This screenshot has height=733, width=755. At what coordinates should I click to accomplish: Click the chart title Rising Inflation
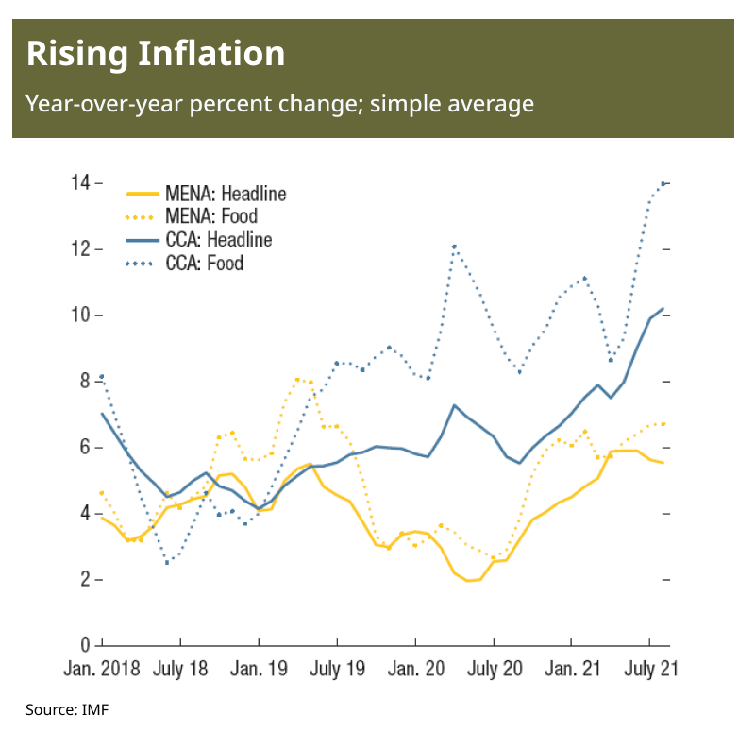(x=156, y=54)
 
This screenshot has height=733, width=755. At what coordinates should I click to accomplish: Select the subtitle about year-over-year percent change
(x=279, y=103)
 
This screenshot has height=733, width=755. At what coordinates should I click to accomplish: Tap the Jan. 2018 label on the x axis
(x=102, y=669)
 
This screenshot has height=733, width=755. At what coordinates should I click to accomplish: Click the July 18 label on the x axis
(x=180, y=669)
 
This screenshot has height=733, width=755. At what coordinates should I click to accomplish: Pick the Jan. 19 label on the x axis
(x=259, y=669)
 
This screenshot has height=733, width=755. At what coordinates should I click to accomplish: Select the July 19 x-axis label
(x=337, y=669)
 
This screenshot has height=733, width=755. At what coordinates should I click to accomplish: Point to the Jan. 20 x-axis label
(x=415, y=669)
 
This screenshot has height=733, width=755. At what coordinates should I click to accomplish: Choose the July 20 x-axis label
(x=494, y=669)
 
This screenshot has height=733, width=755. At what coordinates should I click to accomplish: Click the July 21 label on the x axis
(x=650, y=669)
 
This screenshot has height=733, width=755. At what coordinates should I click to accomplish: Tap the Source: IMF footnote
(x=67, y=709)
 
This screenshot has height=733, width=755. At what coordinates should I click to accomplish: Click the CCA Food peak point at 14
(x=663, y=183)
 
